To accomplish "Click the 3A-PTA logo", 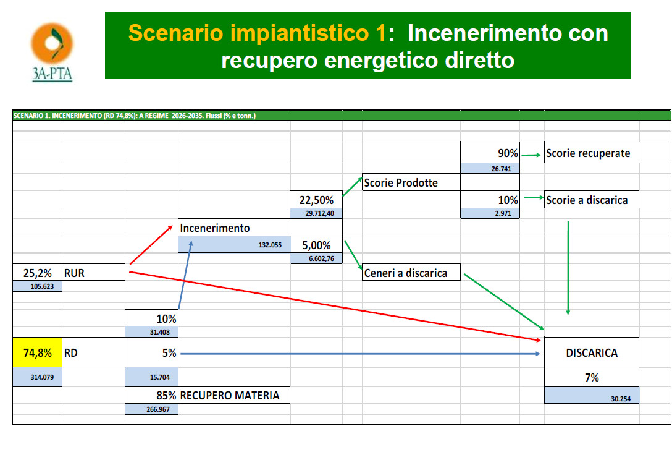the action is (52, 52).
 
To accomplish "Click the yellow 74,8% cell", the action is (37, 352).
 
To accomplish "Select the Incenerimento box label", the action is (215, 228).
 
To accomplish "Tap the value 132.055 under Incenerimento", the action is (270, 245).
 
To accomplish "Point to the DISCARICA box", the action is (592, 352).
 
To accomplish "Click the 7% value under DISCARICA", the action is (592, 377).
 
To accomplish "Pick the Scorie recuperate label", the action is (588, 153).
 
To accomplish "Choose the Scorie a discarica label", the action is (587, 200).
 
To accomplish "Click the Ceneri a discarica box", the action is (411, 272).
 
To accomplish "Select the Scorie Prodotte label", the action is (401, 182).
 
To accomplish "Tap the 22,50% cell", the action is (316, 200).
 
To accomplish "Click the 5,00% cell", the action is (316, 245).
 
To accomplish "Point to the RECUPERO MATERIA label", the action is (230, 395).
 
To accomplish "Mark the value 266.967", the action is (158, 409).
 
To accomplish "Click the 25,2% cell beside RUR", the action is (37, 273).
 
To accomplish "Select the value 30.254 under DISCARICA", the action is (621, 399).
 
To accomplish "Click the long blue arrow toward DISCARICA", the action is (360, 354).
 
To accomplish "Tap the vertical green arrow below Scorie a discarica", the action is (568, 268).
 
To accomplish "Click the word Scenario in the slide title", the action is (175, 33).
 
